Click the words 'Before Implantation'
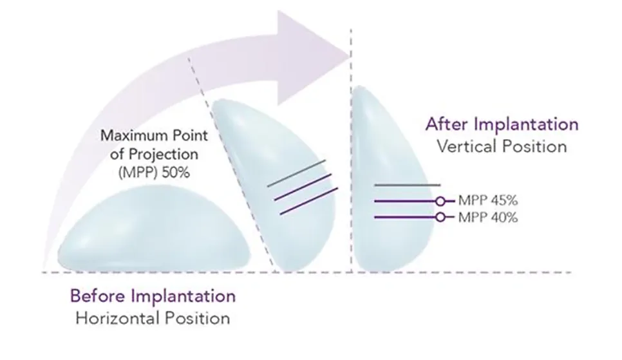click(153, 296)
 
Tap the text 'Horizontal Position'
click(153, 318)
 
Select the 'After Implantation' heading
click(502, 124)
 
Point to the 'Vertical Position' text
click(502, 146)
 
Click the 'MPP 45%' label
click(488, 200)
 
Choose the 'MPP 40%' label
click(488, 218)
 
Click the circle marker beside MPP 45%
click(440, 202)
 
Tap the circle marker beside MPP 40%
click(440, 217)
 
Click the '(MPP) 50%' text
click(154, 173)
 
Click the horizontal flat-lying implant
click(154, 229)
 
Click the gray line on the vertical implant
click(408, 185)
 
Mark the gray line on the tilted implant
click(297, 173)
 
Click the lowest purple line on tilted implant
click(309, 201)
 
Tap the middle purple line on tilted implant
click(303, 187)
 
